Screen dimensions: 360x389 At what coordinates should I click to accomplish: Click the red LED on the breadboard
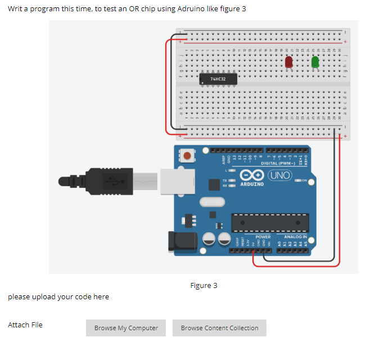click(289, 61)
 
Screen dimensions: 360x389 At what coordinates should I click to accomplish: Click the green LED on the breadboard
click(315, 61)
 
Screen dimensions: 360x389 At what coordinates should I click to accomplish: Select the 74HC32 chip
click(218, 80)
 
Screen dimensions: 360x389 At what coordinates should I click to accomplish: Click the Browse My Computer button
click(126, 328)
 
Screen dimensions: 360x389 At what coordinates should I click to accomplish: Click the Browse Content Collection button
click(219, 328)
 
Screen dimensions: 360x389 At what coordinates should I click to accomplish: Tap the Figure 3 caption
click(203, 286)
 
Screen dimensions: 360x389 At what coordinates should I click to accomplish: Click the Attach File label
click(25, 325)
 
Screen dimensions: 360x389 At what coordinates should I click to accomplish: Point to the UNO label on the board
click(279, 175)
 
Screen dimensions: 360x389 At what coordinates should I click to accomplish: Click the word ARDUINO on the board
click(252, 184)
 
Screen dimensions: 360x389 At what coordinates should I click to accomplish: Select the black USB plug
click(110, 181)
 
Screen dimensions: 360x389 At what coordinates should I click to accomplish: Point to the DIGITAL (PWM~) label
click(279, 163)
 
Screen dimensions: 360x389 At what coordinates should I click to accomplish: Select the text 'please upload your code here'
click(58, 296)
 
